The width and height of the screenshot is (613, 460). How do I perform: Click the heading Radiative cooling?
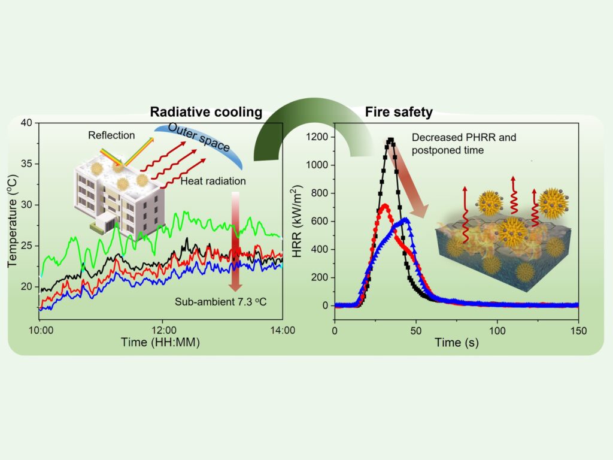tap(206, 111)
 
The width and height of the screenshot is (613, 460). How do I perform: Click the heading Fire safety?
tap(399, 111)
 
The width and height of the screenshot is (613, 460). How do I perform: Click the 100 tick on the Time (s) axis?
tap(497, 329)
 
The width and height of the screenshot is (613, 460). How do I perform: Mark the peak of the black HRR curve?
tap(391, 140)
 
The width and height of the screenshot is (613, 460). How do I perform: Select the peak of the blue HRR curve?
tap(406, 219)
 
